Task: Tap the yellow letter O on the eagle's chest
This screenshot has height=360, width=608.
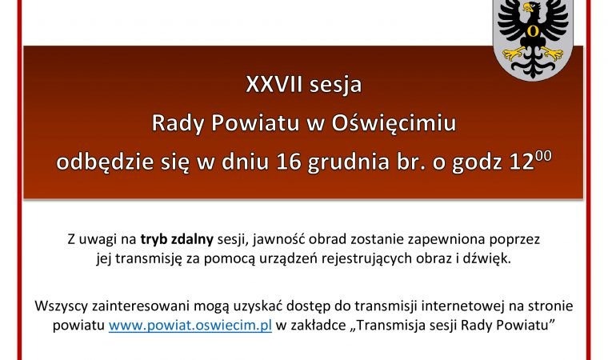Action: point(532,30)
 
